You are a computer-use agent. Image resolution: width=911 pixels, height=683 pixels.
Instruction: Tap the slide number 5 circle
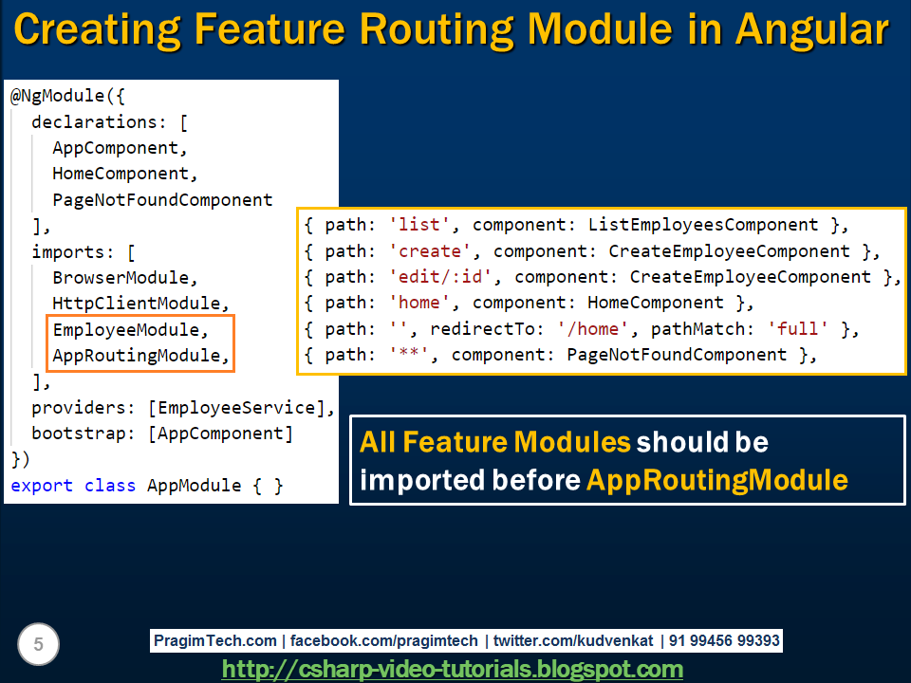coord(38,645)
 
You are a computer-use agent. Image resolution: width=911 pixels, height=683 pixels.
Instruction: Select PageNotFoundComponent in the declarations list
coord(162,199)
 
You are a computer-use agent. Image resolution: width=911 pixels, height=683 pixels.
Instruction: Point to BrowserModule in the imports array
coord(124,278)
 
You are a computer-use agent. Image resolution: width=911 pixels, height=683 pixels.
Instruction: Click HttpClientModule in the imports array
coord(140,304)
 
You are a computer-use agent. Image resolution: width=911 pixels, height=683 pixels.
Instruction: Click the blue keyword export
coord(42,486)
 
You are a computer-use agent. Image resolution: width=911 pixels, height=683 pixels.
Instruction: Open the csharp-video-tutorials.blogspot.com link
coord(453,669)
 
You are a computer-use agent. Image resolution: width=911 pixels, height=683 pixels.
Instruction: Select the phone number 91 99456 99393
coord(725,641)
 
